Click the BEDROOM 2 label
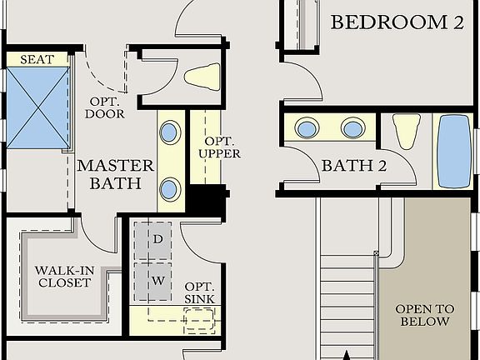[x=397, y=22]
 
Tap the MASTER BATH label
[x=115, y=173]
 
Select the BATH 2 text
[x=354, y=166]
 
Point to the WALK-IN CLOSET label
[x=62, y=277]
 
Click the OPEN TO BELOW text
[x=424, y=315]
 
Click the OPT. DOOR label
[x=107, y=107]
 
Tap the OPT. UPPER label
[x=222, y=147]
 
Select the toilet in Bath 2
[x=405, y=130]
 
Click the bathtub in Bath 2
[x=454, y=151]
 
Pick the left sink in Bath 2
[x=307, y=128]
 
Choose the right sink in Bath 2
[x=352, y=128]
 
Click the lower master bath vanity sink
[x=170, y=188]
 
